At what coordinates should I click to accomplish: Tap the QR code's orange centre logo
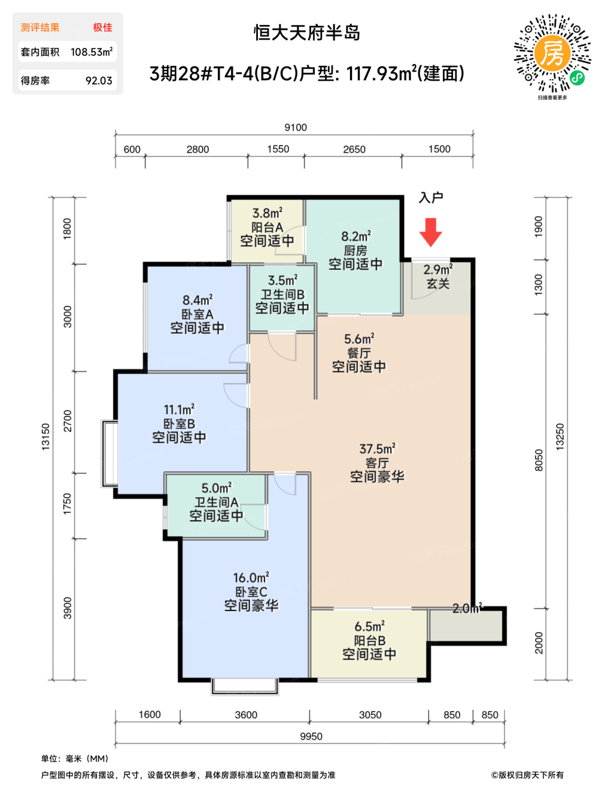pos(551,53)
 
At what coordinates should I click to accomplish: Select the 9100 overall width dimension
pos(296,127)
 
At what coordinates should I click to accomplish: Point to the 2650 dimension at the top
pos(354,149)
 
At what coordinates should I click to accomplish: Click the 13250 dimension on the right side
pos(560,437)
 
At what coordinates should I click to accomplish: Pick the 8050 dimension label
pos(538,460)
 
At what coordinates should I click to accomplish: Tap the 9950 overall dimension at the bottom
pos(311,736)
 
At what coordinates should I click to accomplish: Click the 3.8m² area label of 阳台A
pos(267,213)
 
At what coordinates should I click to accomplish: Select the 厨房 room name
pos(355,251)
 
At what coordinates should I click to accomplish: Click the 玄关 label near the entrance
pos(438,284)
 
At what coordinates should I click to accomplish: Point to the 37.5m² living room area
pos(378,449)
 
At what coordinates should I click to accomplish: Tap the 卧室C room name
pos(251,591)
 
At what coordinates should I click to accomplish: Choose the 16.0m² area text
pos(251,577)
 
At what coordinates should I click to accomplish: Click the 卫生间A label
pos(216,502)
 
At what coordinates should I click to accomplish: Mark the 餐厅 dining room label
pos(359,353)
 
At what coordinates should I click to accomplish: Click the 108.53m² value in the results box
pos(91,51)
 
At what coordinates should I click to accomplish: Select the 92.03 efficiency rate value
pos(99,80)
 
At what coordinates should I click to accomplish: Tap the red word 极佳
pos(103,27)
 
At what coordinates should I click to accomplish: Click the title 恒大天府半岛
pos(307,33)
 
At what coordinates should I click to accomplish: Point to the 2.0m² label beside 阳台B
pos(467,608)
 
